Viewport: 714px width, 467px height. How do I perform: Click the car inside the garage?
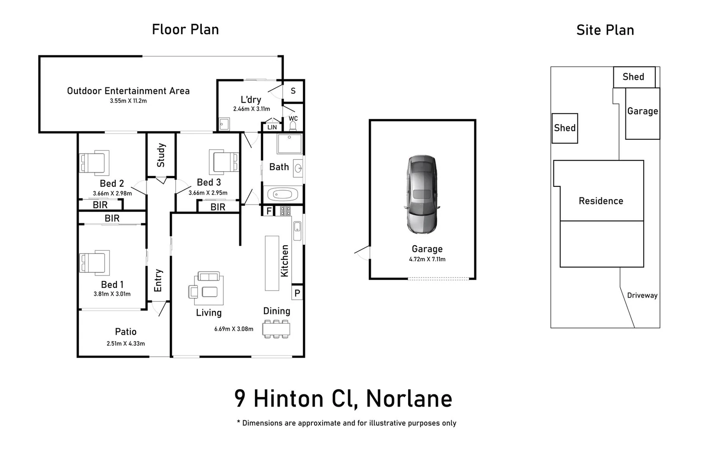coord(422,195)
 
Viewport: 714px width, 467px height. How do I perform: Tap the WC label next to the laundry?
coord(293,118)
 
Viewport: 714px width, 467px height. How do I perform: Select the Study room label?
coord(161,155)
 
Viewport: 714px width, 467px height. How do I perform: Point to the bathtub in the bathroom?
coord(283,194)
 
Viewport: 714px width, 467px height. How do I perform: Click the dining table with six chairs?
coord(276,329)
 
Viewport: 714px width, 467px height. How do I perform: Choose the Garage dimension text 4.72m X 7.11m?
coord(427,259)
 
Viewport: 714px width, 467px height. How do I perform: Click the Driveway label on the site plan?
coord(642,295)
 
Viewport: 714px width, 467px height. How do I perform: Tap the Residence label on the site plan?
coord(601,201)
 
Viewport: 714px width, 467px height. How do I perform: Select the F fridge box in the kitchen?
coord(269,211)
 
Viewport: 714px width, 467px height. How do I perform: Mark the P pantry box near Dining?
coord(297,293)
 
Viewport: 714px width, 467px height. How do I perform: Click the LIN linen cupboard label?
coord(272,127)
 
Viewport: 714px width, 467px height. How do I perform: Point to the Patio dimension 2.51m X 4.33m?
coord(126,344)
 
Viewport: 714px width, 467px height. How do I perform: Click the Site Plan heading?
coord(605,30)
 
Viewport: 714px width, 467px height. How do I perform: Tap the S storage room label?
coord(293,91)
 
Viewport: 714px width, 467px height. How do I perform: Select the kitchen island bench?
coord(272,263)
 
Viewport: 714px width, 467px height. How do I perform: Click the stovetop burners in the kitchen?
coord(285,211)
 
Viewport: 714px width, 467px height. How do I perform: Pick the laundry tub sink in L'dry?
coord(224,124)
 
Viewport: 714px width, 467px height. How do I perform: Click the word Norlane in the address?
coord(409,399)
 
